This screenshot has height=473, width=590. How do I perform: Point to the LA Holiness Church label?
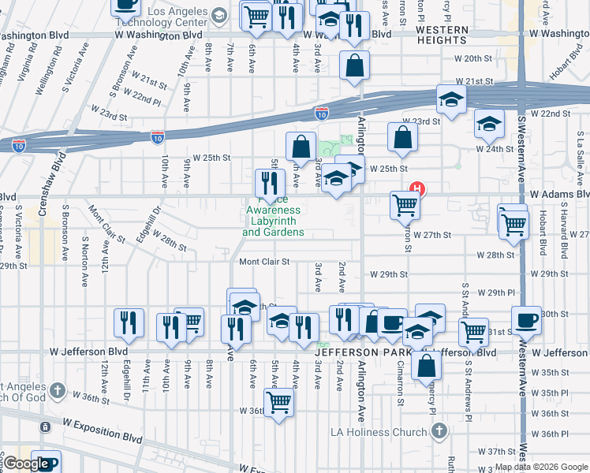point(384,432)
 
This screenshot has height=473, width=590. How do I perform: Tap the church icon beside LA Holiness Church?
point(439,431)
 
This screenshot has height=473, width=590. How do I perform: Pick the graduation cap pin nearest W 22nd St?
point(489,124)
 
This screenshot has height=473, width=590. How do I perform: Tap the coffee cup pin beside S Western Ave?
point(526,320)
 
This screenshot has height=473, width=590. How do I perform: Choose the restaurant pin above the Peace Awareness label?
point(271,183)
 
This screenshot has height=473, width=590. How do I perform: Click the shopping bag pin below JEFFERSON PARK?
point(426,366)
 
